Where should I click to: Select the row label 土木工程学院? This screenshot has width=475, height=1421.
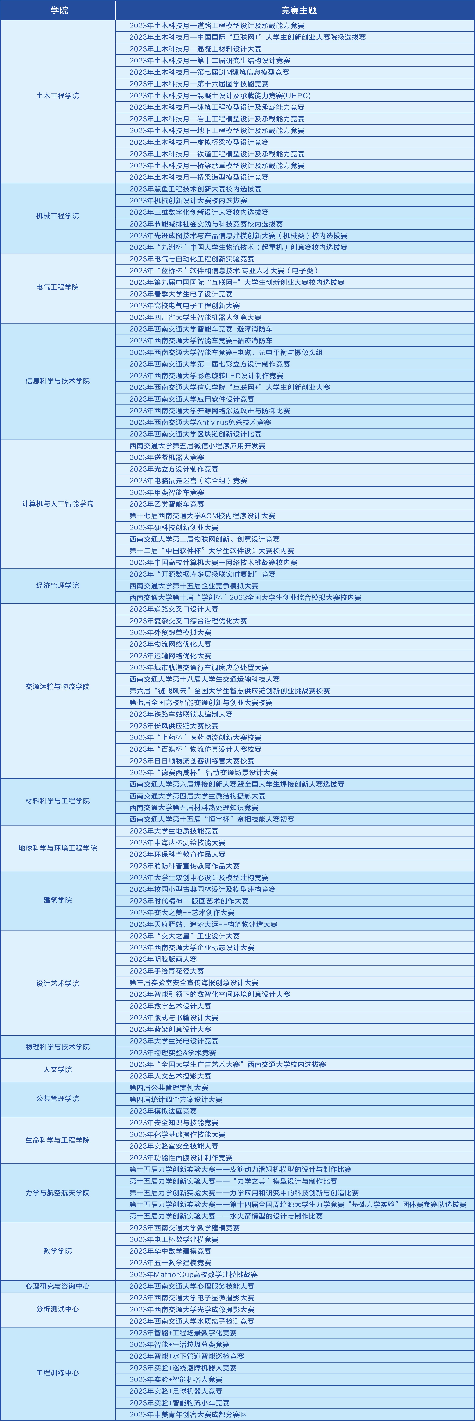tap(57, 95)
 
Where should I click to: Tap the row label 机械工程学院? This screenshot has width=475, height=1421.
tap(57, 216)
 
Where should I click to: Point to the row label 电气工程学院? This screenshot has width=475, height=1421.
tap(57, 287)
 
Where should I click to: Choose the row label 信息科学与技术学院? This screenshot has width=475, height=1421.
tap(57, 381)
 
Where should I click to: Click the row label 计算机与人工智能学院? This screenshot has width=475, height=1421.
tap(57, 504)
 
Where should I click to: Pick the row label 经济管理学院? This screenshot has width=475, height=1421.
tap(57, 585)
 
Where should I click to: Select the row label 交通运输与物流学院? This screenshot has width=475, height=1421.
tap(57, 687)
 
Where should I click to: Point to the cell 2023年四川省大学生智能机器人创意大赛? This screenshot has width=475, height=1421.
tap(195, 317)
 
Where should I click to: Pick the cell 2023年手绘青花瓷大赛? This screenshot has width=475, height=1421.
tap(167, 971)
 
